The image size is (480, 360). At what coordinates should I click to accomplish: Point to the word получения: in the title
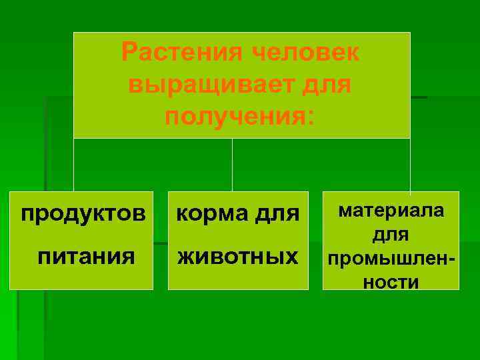click(239, 116)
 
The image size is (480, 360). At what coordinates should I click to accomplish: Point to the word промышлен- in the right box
click(390, 258)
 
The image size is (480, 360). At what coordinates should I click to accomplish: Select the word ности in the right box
click(391, 282)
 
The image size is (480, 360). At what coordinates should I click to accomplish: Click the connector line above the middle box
click(232, 165)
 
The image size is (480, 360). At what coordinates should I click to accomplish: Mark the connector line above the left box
click(73, 165)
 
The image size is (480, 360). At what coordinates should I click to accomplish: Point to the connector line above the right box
click(410, 165)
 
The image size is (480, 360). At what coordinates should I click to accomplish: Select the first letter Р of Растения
click(129, 53)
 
